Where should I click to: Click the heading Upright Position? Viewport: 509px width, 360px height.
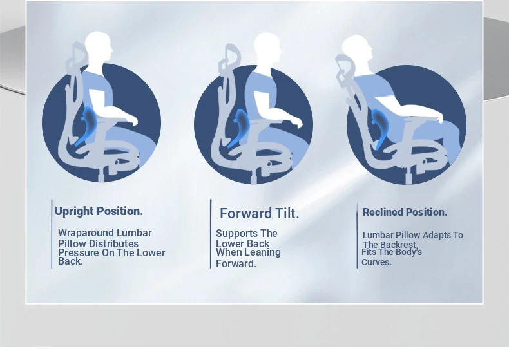[x=99, y=211]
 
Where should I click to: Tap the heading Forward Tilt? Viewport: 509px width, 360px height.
[x=260, y=214]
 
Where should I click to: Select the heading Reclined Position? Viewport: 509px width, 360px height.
[x=405, y=213]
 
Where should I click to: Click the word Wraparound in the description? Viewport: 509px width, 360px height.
[x=86, y=233]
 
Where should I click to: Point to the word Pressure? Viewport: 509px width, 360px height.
[x=79, y=253]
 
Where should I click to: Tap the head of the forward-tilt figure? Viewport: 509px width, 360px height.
[x=267, y=47]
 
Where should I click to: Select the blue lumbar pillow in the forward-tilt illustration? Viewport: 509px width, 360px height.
[x=240, y=127]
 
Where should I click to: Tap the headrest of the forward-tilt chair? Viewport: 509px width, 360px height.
[x=230, y=58]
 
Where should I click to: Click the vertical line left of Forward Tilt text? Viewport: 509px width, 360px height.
[x=211, y=234]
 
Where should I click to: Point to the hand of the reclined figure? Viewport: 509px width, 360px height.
[x=441, y=118]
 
